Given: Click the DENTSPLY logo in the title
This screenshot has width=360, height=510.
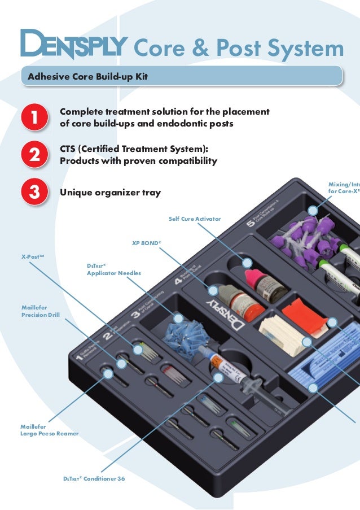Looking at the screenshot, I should (74, 45).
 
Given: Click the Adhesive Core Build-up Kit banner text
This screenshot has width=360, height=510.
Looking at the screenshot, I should (84, 76).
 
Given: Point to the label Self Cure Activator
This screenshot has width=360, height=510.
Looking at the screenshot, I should (195, 219).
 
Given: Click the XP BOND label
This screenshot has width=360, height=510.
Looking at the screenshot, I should (146, 243).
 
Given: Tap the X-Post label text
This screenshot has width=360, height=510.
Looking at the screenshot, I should (33, 256).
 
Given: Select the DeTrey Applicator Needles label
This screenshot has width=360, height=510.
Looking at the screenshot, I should (113, 269).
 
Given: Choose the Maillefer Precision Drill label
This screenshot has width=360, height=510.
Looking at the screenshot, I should (40, 311).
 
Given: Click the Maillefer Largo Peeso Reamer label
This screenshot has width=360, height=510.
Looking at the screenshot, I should (49, 430).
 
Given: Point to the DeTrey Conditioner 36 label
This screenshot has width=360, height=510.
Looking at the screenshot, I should (94, 478).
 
